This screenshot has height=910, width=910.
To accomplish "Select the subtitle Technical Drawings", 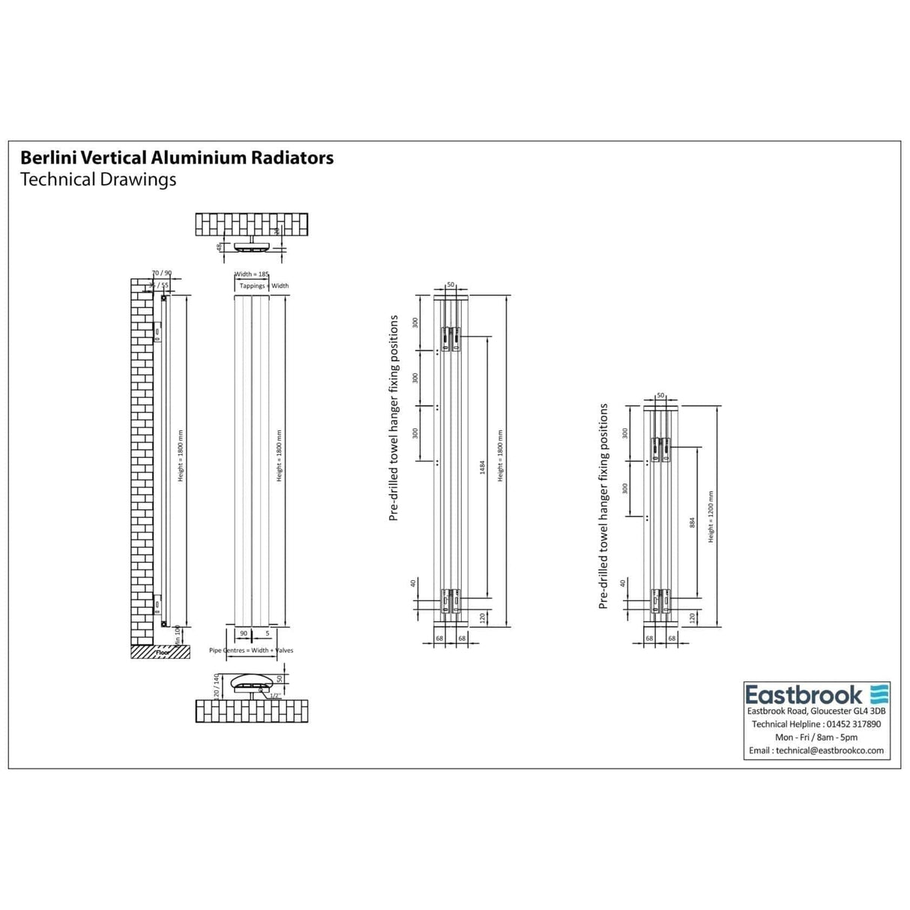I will pos(97,180).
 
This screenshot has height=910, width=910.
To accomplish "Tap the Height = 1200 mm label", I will pos(711,516).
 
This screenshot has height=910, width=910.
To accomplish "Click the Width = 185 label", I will pos(252,275).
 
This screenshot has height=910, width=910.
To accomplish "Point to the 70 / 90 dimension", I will pos(162,273).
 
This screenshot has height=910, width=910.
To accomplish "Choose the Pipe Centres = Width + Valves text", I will pos(251,651).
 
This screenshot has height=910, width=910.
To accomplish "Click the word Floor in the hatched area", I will pos(163,653).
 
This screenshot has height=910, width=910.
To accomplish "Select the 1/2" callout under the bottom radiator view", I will pos(275,696).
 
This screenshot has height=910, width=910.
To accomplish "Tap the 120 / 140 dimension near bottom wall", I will pos(217,686).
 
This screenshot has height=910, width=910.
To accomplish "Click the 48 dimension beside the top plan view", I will pos(219,247).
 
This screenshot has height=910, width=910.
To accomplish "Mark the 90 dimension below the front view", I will pos(243,634).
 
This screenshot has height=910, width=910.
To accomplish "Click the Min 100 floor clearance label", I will pos(178,634).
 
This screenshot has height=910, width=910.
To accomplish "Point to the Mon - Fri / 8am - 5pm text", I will pos(816,738).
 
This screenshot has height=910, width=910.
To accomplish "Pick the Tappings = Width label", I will pos(264,286).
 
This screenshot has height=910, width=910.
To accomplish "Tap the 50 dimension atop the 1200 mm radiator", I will pos(660,395).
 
